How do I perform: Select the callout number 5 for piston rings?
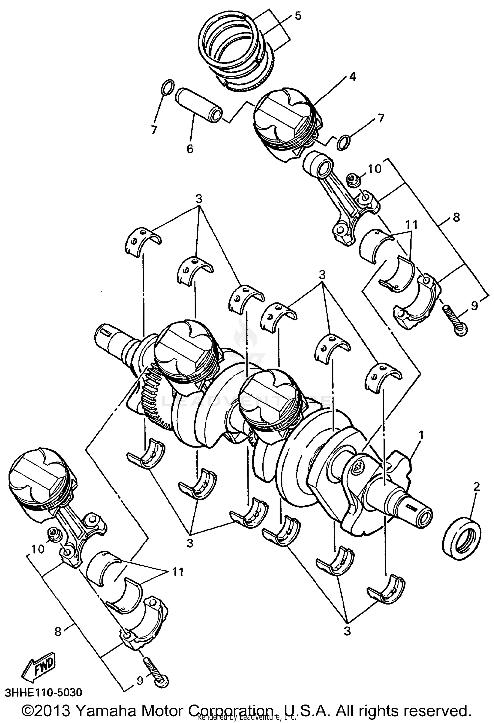298,15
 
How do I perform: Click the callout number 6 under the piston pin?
190,149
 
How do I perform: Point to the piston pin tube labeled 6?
198,105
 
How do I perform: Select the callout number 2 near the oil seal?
476,486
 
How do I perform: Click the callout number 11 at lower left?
178,571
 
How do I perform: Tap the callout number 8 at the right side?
456,217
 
